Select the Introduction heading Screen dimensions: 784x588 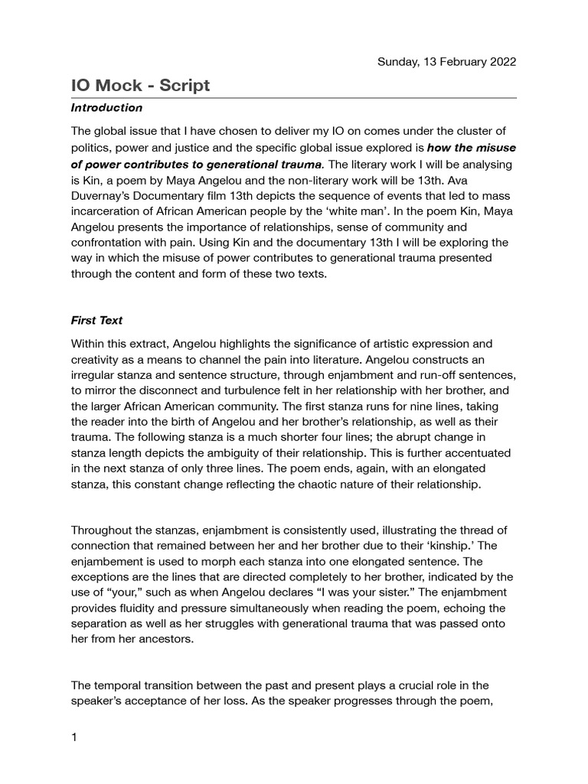pos(106,108)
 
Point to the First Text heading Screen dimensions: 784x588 pos(96,321)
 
